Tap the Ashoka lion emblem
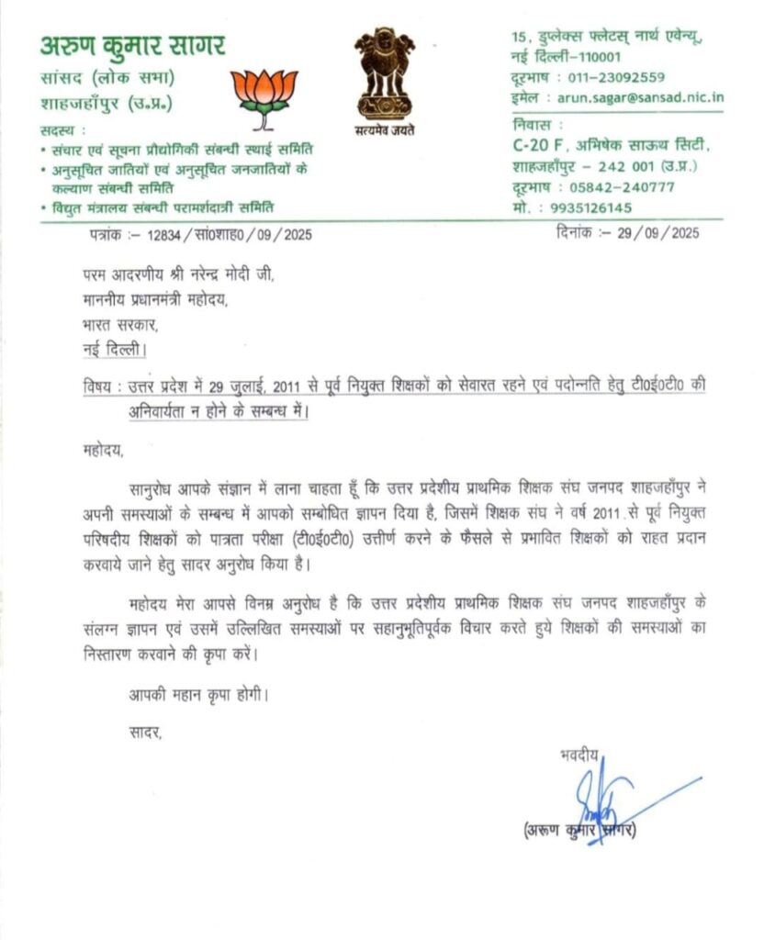385,73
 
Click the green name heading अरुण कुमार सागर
132,44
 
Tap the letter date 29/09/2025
659,233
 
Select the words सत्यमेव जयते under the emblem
385,130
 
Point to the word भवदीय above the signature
579,755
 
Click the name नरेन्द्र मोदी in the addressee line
220,275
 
